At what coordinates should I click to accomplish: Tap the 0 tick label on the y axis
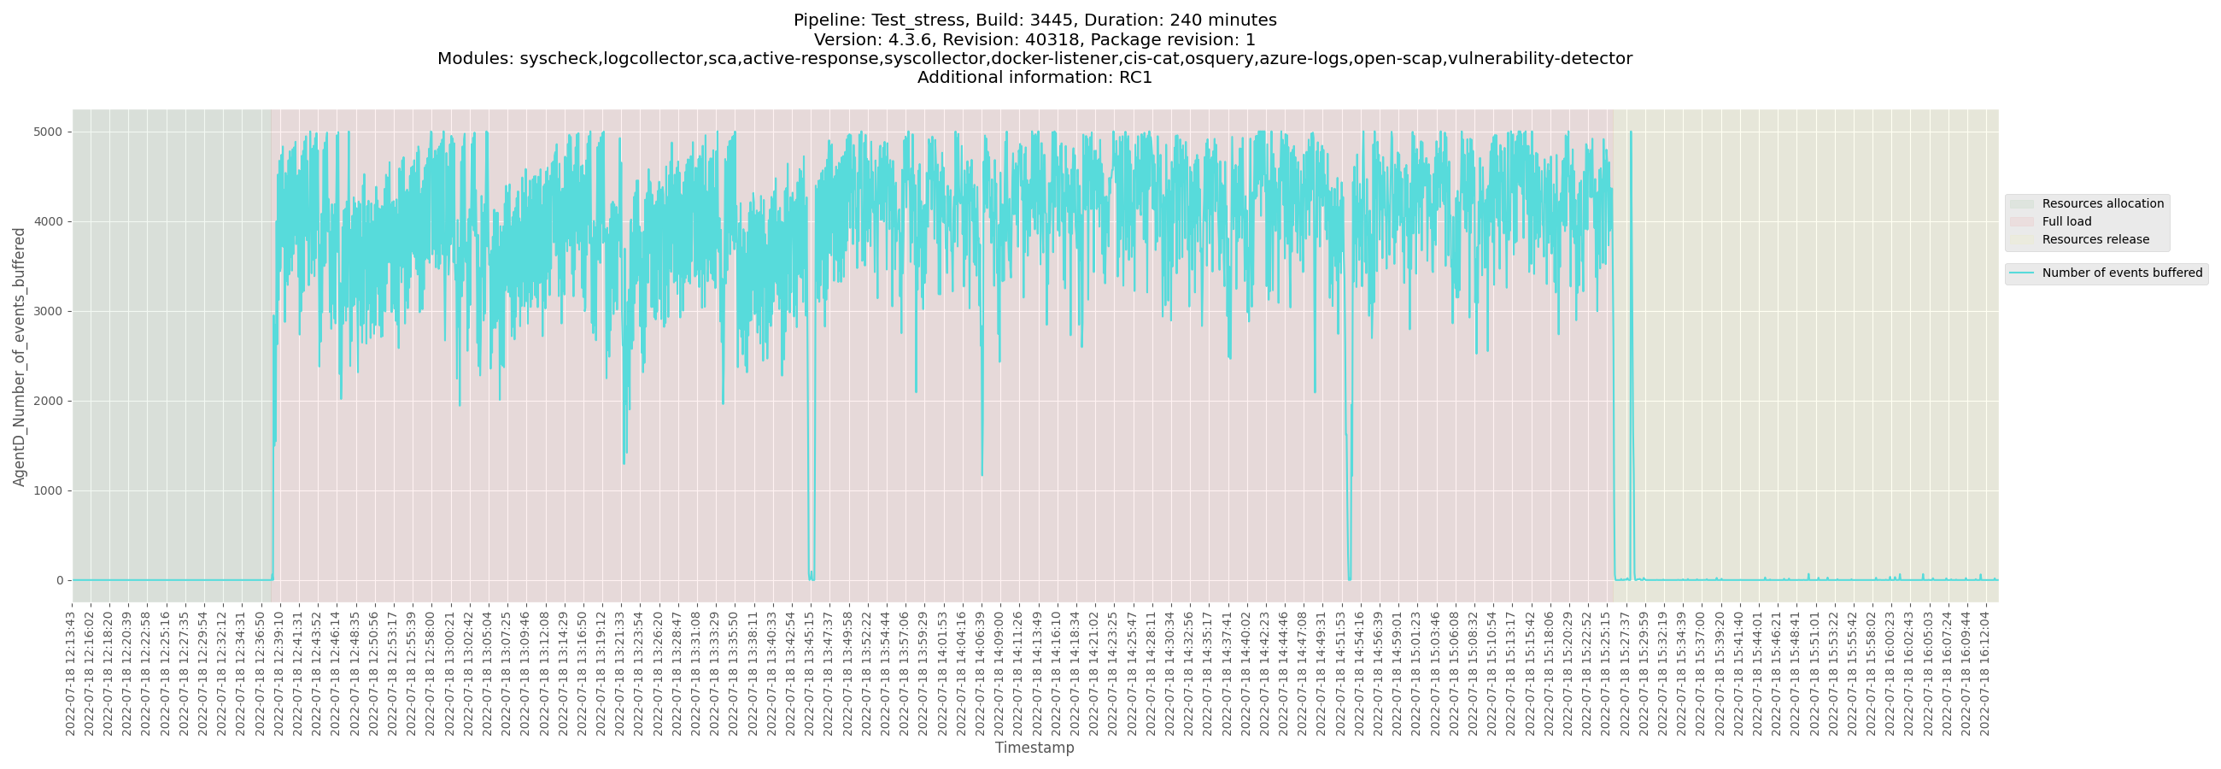(x=60, y=580)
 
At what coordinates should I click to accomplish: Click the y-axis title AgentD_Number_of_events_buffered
(x=19, y=356)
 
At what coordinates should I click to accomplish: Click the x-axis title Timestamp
(x=1034, y=748)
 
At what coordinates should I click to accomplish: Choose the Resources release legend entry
(x=2095, y=239)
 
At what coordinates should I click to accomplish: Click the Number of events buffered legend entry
(x=2122, y=273)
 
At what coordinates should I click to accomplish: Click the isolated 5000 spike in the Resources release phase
(x=1631, y=133)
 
